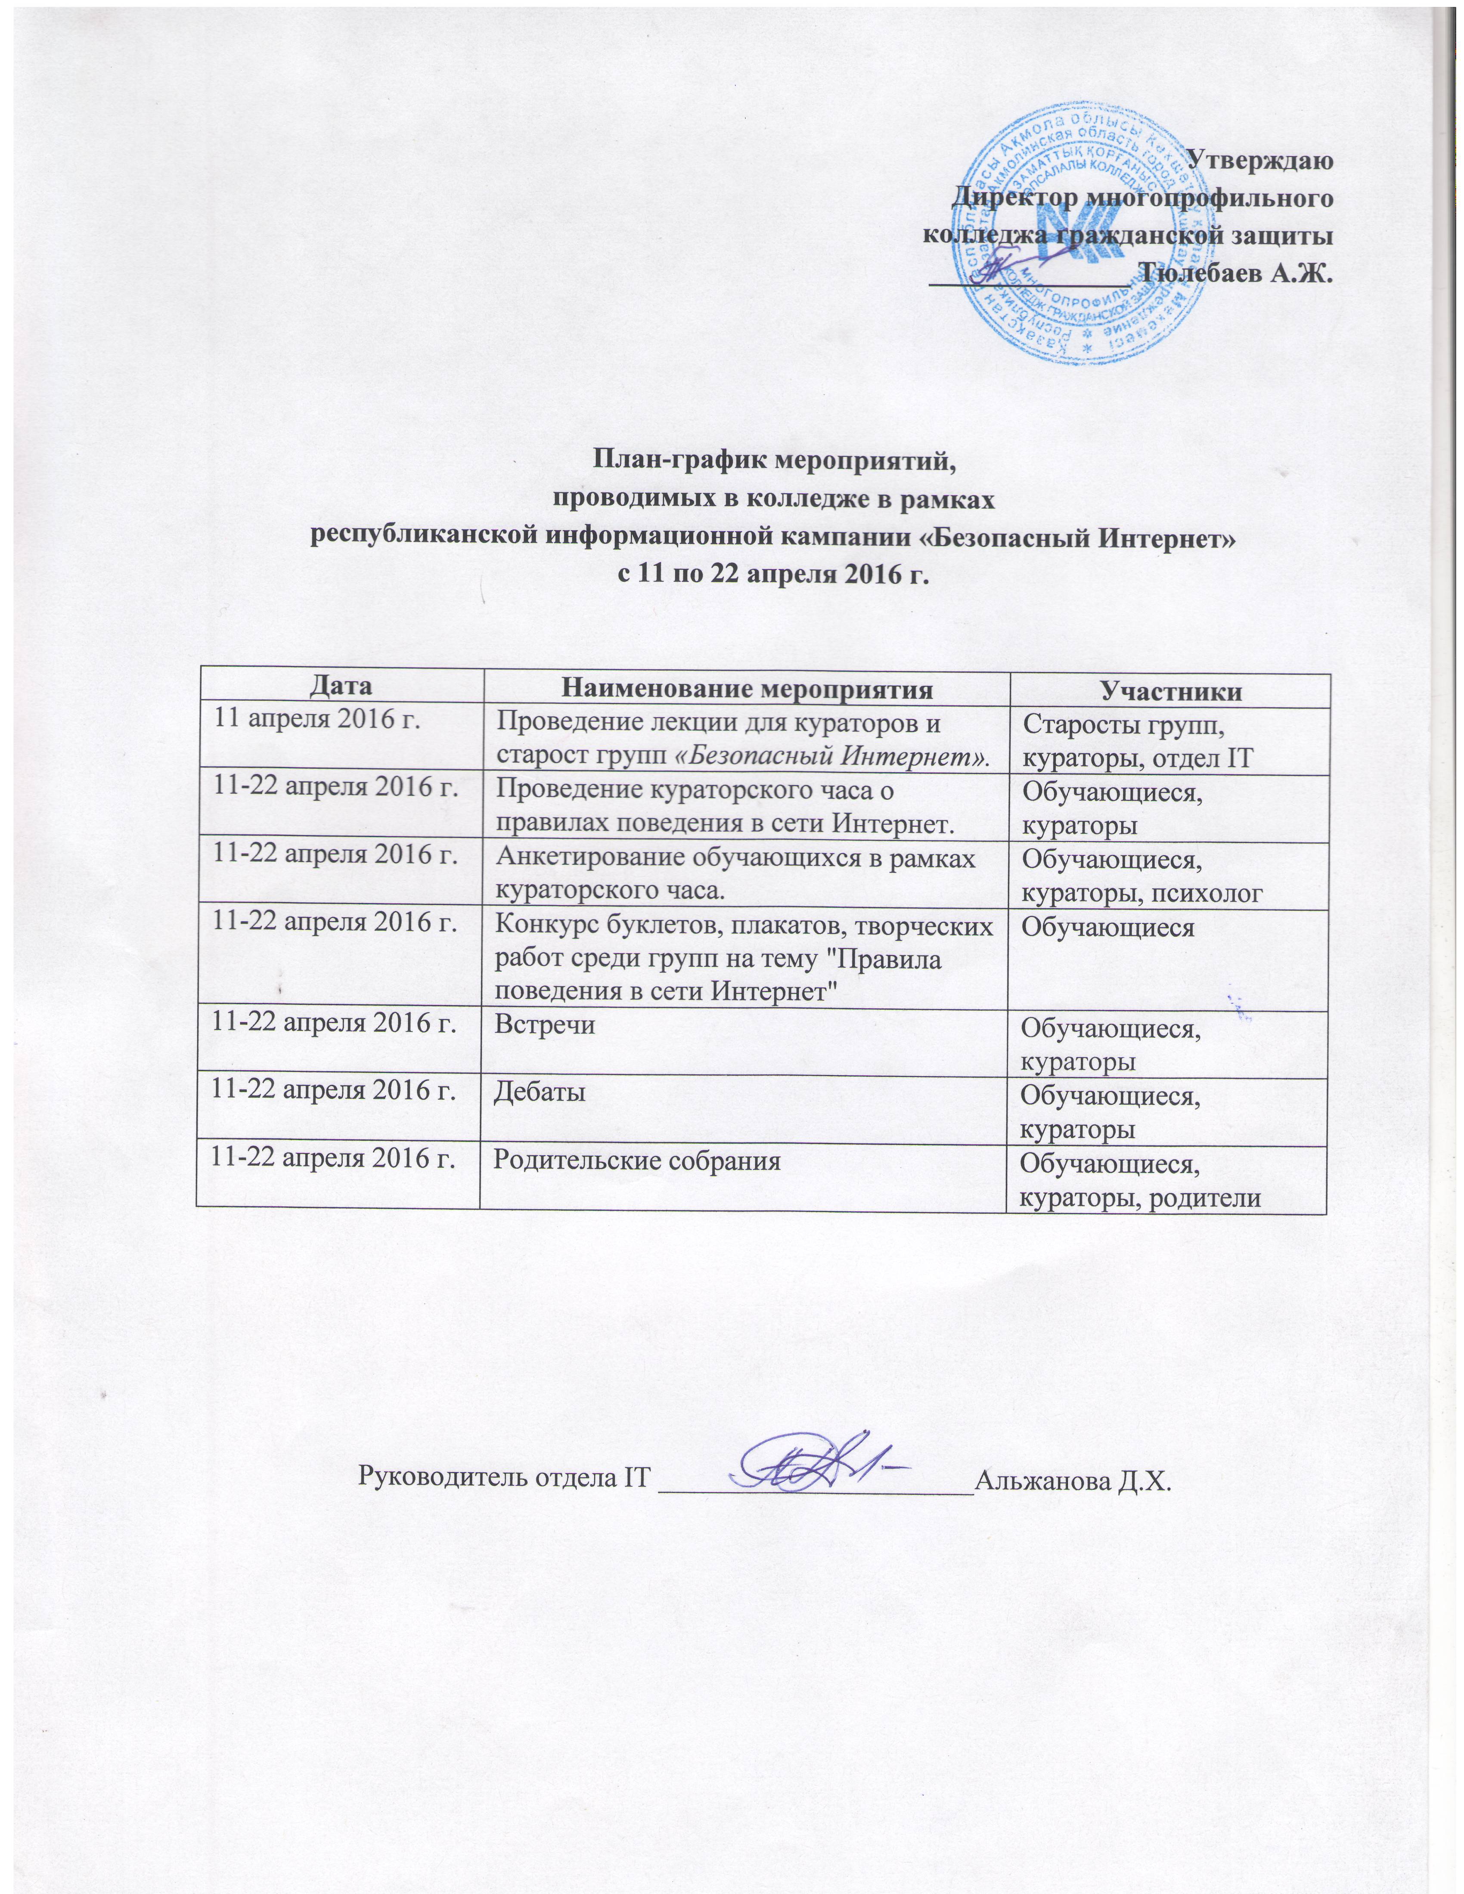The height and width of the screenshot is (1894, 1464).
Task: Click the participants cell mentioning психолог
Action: coord(1141,876)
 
